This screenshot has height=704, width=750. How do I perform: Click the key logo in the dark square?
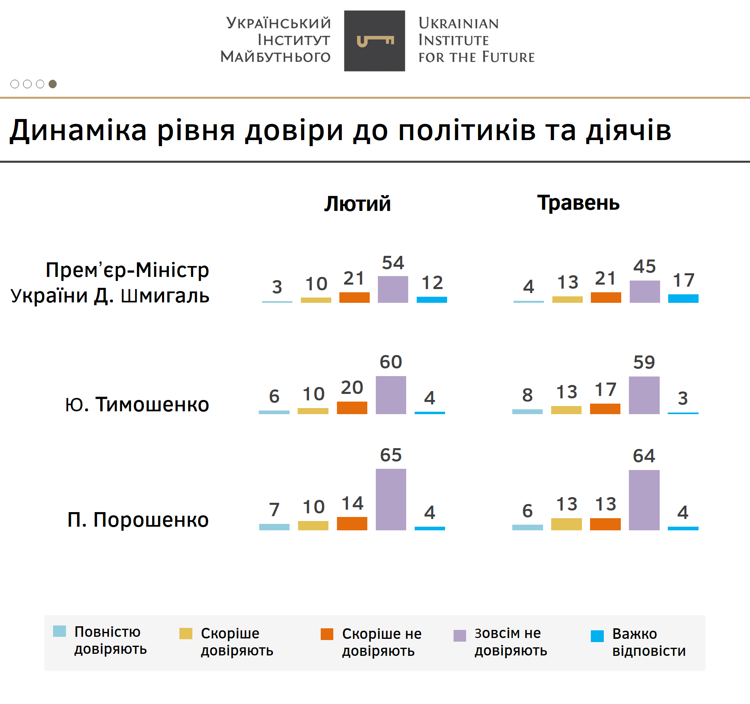pos(375,41)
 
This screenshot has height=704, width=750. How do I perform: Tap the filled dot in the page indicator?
pos(53,84)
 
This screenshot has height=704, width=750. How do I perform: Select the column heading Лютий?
pos(357,204)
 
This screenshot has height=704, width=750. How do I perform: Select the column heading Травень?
pos(578,203)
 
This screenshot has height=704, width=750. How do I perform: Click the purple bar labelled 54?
pos(393,289)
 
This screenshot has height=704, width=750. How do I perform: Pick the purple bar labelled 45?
pos(644,291)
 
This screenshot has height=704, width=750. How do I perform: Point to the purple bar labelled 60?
pos(391,395)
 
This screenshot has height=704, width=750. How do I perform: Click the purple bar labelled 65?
pos(391,500)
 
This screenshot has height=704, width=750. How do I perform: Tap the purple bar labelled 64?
pos(644,500)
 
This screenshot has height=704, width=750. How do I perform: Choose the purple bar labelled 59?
pos(644,395)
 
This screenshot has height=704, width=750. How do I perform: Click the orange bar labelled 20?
pos(352,408)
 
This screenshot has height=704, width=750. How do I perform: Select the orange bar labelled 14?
pos(352,523)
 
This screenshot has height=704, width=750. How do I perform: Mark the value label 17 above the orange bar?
pos(605,390)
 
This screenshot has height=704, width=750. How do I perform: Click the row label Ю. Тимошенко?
pos(137,404)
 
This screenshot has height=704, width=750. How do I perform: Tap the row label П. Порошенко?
pos(138,520)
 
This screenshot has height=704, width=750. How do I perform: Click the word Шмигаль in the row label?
pos(165,296)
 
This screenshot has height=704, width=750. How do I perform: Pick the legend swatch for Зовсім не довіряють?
pos(460,636)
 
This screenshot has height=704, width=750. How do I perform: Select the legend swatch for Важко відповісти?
pos(597,636)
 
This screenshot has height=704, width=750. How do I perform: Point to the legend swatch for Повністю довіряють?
pos(60,631)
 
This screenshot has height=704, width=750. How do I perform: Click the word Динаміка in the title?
pos(78,130)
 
